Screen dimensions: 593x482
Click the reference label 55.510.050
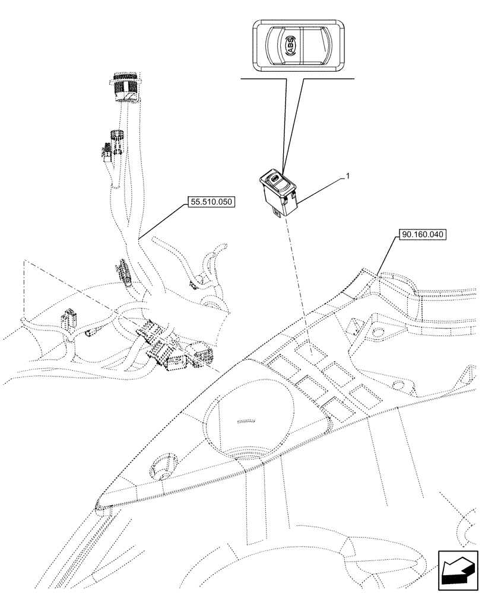[x=211, y=202]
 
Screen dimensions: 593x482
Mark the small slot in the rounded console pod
[x=246, y=422]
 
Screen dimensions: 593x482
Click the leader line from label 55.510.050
[x=160, y=222]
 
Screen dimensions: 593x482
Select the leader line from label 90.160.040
[x=384, y=256]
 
